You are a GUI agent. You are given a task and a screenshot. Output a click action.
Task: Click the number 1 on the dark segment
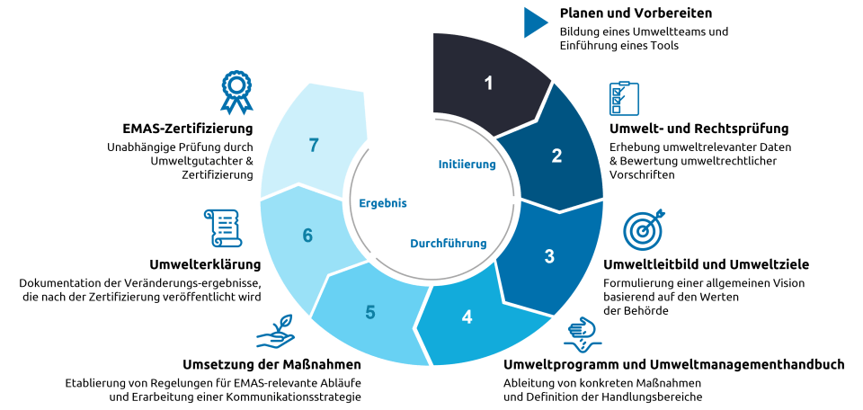coord(489,84)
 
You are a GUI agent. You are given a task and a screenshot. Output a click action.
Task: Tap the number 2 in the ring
coord(556,156)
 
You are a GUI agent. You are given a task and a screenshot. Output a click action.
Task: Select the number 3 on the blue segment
coord(549,254)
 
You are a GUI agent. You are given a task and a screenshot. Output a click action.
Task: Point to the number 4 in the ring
coord(466,316)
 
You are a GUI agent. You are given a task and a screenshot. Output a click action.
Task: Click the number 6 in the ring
coord(307,236)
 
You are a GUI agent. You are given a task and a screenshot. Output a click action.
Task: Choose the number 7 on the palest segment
coord(313,145)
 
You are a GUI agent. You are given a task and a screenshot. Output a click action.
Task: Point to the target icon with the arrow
coord(644,230)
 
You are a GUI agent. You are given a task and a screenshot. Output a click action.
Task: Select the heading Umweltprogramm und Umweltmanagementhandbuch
coord(672,364)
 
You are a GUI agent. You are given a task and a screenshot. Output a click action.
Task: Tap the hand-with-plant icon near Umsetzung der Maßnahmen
coord(276,334)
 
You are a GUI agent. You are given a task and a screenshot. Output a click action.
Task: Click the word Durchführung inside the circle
coord(449,243)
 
